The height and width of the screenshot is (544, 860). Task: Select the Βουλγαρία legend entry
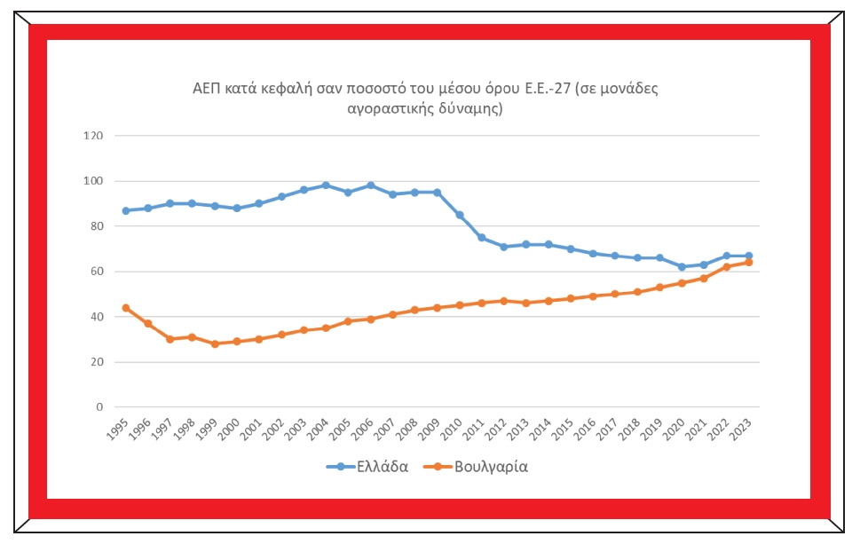click(x=491, y=466)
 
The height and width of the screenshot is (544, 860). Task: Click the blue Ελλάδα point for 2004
click(x=326, y=185)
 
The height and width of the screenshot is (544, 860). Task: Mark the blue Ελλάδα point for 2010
click(x=459, y=215)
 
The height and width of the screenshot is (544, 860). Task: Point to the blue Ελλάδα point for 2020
click(x=682, y=267)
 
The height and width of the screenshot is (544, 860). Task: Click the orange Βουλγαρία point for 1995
click(x=126, y=308)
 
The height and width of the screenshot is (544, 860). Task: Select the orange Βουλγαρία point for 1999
click(x=215, y=343)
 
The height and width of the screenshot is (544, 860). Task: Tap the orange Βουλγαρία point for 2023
click(x=748, y=263)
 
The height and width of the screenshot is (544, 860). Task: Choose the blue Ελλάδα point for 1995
click(x=126, y=210)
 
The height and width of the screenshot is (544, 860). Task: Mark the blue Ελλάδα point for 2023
click(x=748, y=256)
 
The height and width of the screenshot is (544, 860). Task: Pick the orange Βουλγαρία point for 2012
click(x=503, y=301)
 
